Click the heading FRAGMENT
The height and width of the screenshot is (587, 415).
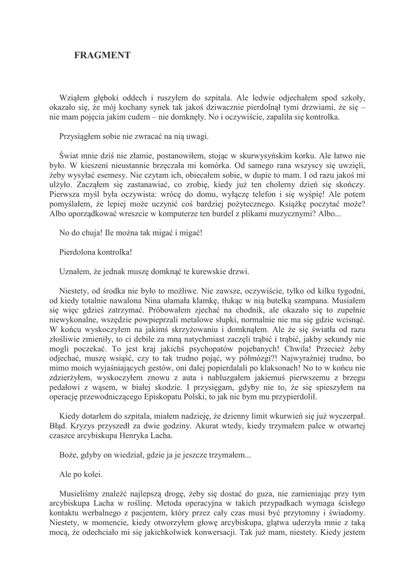(102, 55)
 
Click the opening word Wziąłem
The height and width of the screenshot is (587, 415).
(74, 97)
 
